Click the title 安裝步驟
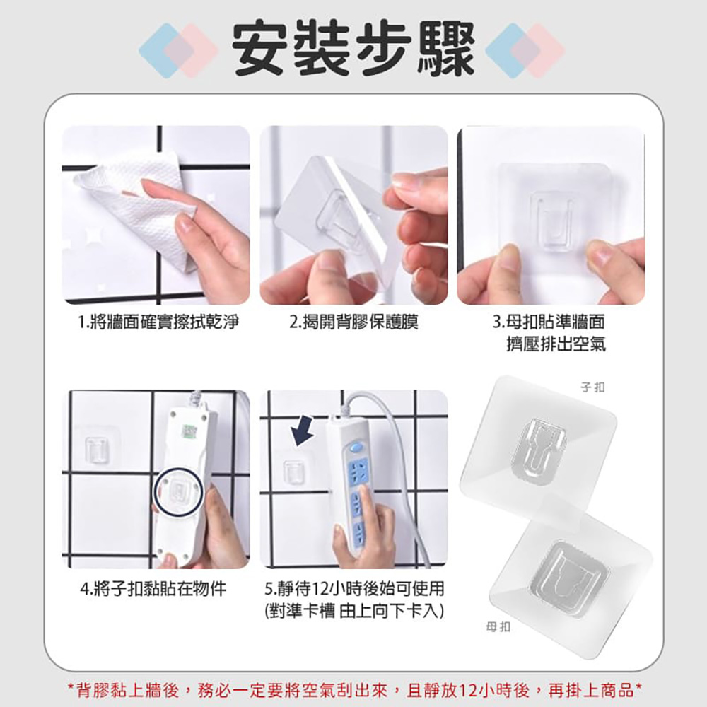[353, 49]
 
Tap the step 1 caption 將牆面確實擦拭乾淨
[158, 322]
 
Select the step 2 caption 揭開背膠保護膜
[354, 322]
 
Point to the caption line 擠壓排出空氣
[556, 344]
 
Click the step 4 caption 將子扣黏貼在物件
[153, 588]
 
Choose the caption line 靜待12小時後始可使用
[354, 588]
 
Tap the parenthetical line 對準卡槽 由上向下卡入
[354, 611]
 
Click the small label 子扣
[592, 387]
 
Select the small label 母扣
[498, 626]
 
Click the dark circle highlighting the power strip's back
[179, 492]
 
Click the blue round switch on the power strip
[356, 448]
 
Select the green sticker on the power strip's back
[189, 431]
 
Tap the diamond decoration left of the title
[179, 50]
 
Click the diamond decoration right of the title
[525, 50]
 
